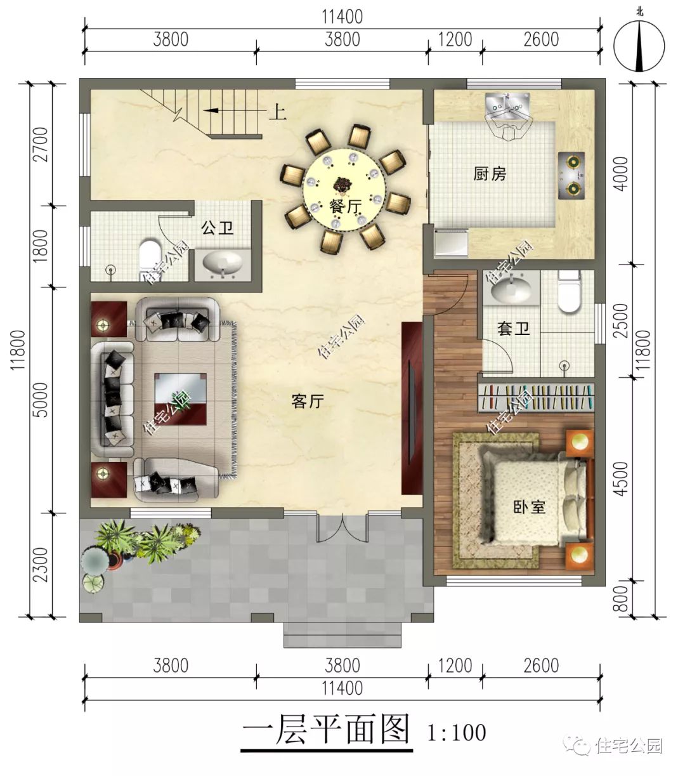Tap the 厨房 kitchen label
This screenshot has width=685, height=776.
pyautogui.click(x=490, y=173)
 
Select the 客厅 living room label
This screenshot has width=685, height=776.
pyautogui.click(x=308, y=401)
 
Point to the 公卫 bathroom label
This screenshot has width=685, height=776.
pyautogui.click(x=218, y=228)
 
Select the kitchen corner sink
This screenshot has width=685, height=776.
pyautogui.click(x=507, y=113)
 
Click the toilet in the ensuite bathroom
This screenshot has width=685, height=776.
pyautogui.click(x=569, y=292)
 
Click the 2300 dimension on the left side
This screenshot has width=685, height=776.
pyautogui.click(x=40, y=564)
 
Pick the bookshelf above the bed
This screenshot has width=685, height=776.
pyautogui.click(x=536, y=397)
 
